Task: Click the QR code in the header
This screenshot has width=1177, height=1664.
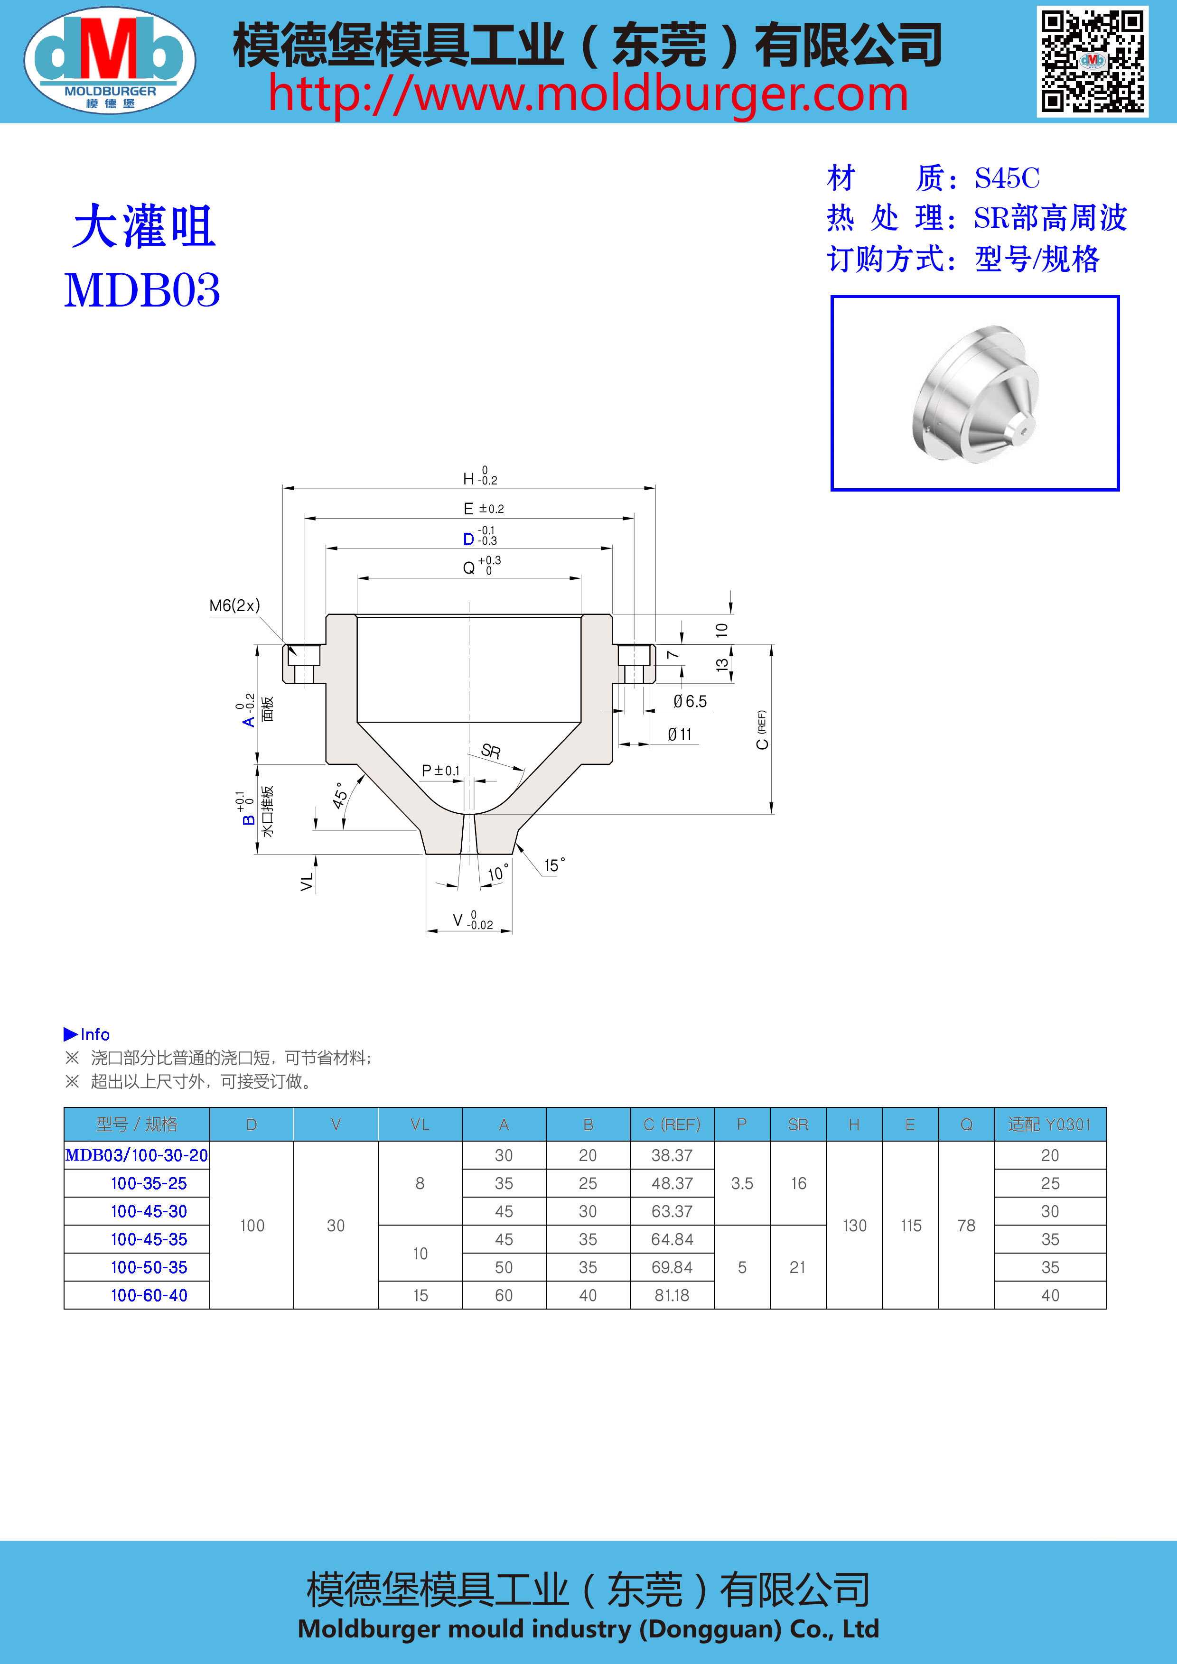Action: [x=1092, y=62]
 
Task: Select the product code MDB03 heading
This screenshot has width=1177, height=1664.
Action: [x=142, y=291]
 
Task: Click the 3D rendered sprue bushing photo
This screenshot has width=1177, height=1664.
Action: [x=975, y=393]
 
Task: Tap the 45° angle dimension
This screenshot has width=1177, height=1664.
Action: [x=339, y=795]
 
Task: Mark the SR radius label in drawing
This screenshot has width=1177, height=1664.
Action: [x=491, y=751]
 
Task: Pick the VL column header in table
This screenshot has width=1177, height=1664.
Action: [x=420, y=1125]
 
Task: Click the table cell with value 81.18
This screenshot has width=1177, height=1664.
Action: [x=672, y=1295]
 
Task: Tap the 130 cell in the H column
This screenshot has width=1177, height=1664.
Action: [x=854, y=1226]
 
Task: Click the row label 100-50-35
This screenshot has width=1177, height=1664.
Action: [x=149, y=1267]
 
